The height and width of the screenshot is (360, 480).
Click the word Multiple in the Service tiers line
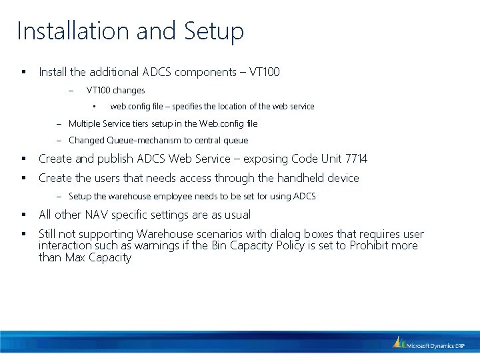coord(83,123)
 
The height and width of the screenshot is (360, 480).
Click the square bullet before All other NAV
coord(23,215)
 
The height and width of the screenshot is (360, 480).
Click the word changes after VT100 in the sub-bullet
coord(129,90)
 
